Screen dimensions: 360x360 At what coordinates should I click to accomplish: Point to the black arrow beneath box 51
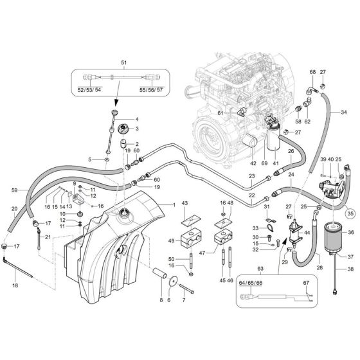click(116, 102)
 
